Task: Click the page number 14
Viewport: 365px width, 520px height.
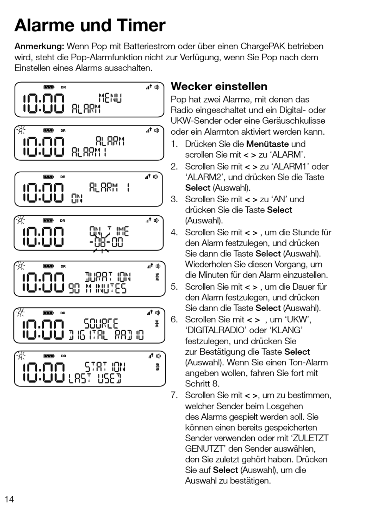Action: [x=9, y=499]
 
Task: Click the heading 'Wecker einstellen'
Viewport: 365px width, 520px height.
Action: [x=219, y=86]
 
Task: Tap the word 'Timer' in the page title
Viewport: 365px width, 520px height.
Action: [x=141, y=25]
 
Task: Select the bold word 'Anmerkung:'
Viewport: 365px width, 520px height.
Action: [x=39, y=46]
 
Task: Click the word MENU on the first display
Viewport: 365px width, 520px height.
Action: [x=110, y=98]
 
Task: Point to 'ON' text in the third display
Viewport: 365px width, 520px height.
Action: [x=77, y=198]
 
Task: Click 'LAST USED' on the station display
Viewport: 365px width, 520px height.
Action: [x=95, y=379]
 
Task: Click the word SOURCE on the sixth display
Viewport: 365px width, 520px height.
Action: [x=101, y=323]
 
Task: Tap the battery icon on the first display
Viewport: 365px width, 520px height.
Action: [x=49, y=87]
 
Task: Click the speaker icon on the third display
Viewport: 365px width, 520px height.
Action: [x=156, y=177]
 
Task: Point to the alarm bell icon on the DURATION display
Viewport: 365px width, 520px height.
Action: [x=157, y=277]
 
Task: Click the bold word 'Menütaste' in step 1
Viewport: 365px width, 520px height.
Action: [x=267, y=144]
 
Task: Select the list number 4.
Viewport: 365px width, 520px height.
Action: [x=174, y=232]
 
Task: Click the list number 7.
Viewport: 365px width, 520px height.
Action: [x=174, y=395]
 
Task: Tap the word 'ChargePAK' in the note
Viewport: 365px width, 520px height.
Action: [x=262, y=46]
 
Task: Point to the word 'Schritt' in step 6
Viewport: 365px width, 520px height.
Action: [x=197, y=383]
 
